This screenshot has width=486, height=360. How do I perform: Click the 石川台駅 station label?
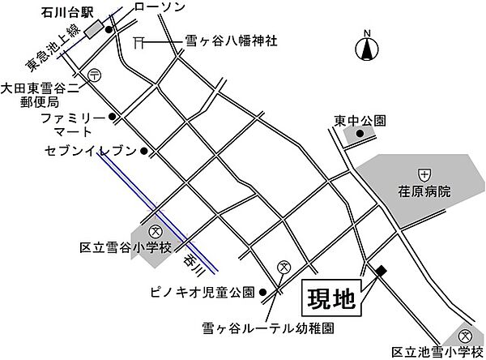tap(65, 13)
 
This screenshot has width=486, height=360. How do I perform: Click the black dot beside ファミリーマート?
tap(113, 118)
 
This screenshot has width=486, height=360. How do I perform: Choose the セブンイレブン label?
tap(92, 152)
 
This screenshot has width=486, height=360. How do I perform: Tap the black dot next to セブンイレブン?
tap(143, 151)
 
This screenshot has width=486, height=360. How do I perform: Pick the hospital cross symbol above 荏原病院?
tap(424, 174)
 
